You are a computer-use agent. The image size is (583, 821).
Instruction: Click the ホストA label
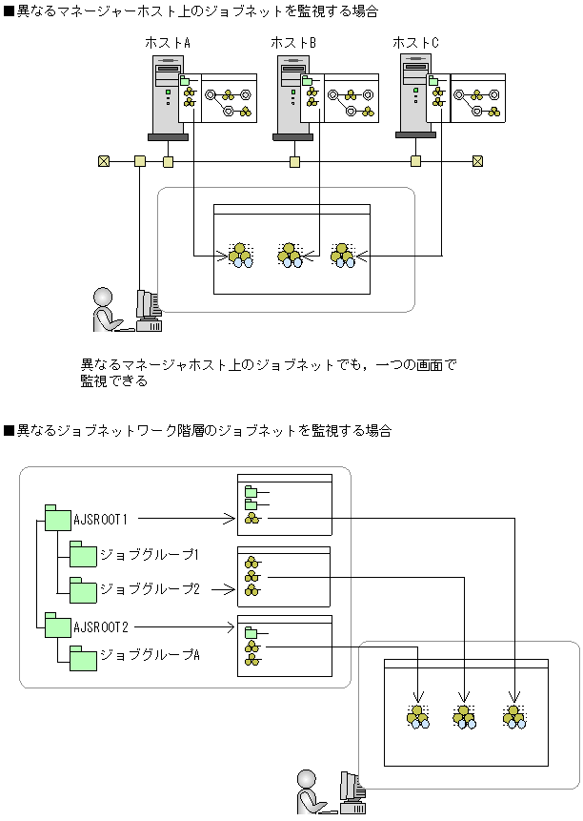point(168,43)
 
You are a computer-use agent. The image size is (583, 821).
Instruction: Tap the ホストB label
point(293,43)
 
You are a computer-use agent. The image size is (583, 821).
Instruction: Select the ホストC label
point(415,43)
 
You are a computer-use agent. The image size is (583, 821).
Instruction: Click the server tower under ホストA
point(168,98)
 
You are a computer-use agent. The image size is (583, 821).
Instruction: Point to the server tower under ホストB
point(292,98)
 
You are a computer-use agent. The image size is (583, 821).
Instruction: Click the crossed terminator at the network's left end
point(104,161)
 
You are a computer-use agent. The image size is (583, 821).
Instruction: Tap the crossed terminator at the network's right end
point(477,161)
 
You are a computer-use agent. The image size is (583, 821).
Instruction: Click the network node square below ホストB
point(295,162)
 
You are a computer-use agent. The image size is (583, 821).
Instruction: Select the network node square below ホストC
point(415,161)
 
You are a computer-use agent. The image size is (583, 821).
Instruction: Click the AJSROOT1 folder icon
point(57,519)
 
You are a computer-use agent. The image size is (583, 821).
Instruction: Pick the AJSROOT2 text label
point(101,626)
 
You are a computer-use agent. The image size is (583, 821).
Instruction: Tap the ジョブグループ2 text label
point(151,589)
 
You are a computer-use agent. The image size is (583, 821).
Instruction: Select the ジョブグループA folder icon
point(83,658)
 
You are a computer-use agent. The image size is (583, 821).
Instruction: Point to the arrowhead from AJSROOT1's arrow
point(229,519)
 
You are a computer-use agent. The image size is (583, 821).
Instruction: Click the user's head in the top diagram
point(103,297)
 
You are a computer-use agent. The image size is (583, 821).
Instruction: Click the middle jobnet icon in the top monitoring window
point(291,255)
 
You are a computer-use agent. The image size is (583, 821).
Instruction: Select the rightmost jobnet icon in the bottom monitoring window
point(514,716)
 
